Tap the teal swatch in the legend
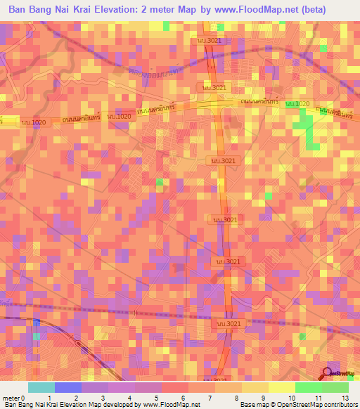point(41,387)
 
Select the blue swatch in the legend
point(67,387)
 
